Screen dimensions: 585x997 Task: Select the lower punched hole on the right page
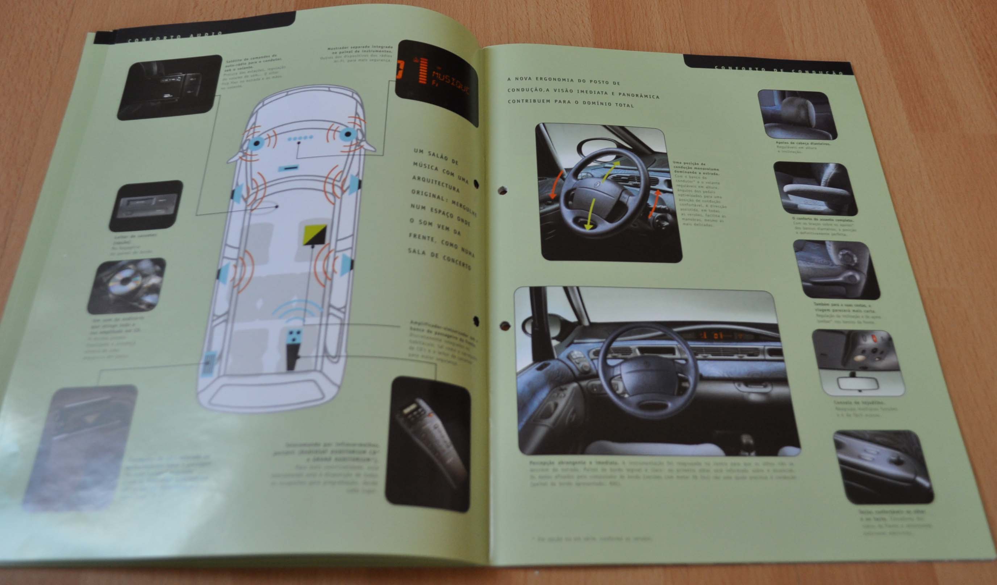(505, 326)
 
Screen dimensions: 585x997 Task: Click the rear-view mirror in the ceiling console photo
(858, 383)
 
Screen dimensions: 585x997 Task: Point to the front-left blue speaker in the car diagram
(257, 143)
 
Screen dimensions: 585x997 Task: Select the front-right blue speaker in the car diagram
(347, 134)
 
